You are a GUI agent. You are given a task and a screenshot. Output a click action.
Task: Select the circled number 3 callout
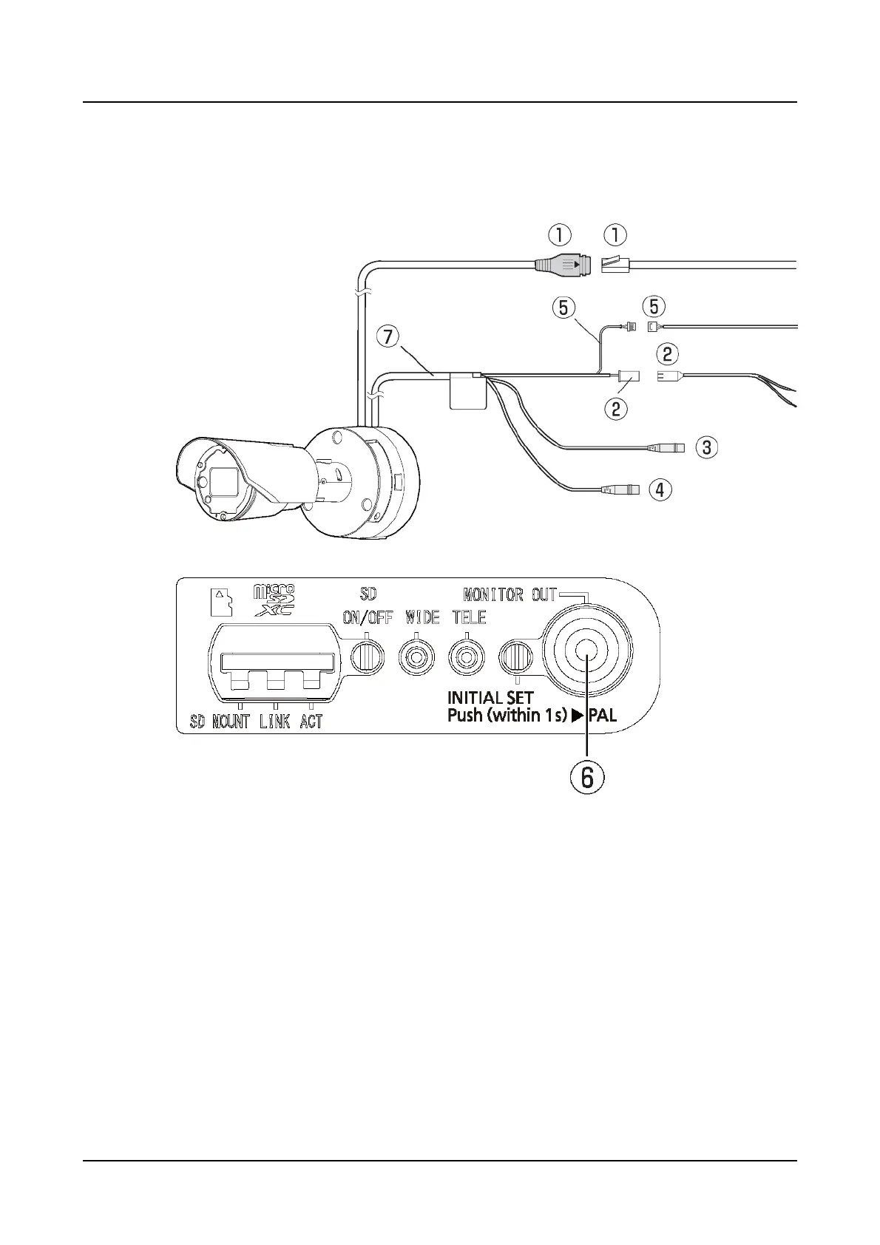tap(707, 447)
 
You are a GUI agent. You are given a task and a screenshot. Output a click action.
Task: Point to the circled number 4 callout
tap(660, 489)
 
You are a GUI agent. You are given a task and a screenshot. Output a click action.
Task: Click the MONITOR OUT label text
tap(510, 594)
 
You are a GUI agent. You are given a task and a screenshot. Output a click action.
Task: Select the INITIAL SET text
tap(490, 697)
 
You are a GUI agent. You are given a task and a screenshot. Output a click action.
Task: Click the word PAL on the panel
tap(602, 715)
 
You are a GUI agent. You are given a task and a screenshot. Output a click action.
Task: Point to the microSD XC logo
tap(274, 600)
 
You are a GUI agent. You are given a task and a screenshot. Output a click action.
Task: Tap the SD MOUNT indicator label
tap(220, 722)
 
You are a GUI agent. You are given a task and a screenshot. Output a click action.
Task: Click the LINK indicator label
tap(274, 722)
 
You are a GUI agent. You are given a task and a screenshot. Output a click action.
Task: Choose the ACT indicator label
tap(311, 722)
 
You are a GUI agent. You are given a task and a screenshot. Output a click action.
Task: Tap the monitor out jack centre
tap(587, 651)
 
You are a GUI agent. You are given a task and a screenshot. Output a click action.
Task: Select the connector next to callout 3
tap(667, 447)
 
